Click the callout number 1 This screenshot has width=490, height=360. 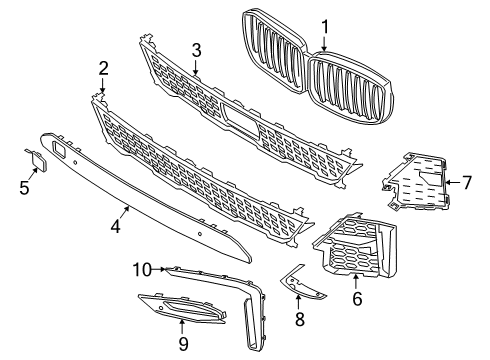click(324, 27)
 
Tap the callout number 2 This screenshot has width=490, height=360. click(103, 68)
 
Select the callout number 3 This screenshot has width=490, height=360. click(197, 50)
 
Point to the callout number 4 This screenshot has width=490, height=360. click(116, 226)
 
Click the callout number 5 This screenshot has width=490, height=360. click(24, 188)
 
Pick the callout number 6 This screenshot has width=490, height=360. click(357, 298)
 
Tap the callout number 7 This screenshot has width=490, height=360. click(467, 183)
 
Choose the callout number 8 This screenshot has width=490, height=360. click(300, 319)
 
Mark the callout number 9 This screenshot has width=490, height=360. click(183, 343)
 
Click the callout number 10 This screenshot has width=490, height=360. click(142, 269)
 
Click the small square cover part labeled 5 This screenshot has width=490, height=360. click(38, 160)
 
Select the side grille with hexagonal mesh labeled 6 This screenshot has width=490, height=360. click(355, 247)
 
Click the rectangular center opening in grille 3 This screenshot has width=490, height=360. click(241, 119)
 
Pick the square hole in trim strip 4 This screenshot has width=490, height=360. click(59, 147)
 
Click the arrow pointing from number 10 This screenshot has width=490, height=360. click(159, 269)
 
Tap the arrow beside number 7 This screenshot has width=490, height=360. click(453, 182)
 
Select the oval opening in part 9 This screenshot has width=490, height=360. click(183, 307)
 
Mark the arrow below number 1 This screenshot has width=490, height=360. click(324, 43)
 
